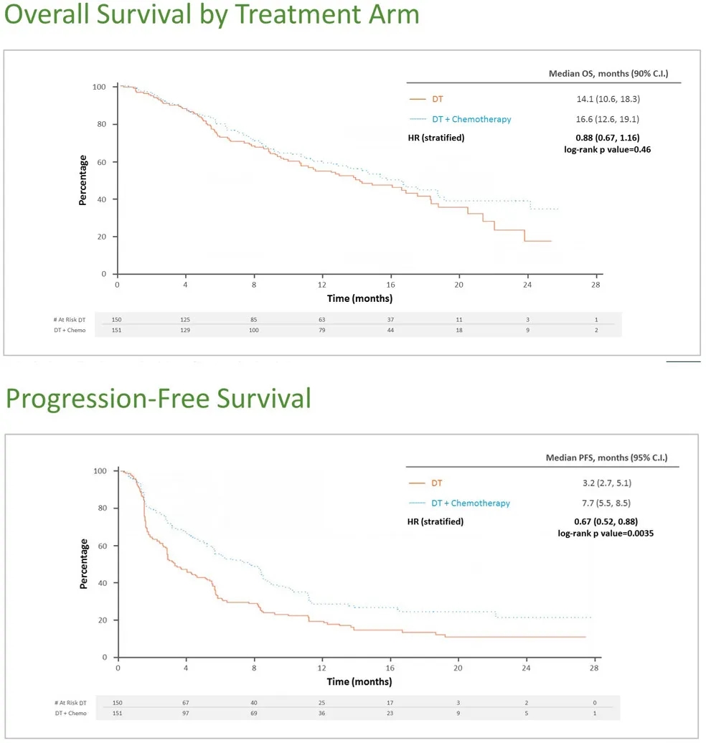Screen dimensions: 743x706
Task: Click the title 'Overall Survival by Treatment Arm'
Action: click(211, 16)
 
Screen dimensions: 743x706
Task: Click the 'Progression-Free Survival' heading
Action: click(158, 399)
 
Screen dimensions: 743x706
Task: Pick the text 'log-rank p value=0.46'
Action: click(608, 149)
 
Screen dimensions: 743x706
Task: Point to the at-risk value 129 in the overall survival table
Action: click(186, 330)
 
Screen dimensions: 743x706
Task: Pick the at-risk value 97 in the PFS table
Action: click(186, 714)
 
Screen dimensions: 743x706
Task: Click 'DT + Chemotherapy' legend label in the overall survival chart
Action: click(471, 119)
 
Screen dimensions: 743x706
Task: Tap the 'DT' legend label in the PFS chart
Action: click(437, 483)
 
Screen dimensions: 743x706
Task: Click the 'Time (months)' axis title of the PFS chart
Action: click(359, 681)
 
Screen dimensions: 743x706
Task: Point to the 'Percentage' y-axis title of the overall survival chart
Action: click(83, 180)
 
